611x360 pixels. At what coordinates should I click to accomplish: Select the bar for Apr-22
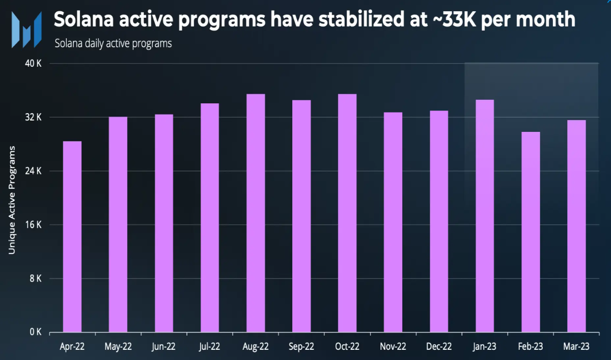coord(72,236)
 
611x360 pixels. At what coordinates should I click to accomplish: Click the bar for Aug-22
coord(256,213)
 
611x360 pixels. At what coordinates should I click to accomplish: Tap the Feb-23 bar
coord(531,232)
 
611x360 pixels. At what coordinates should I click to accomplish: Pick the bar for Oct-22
coord(347,213)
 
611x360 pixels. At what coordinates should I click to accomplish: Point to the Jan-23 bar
coord(485,216)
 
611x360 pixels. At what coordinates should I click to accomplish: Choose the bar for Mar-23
coord(576,226)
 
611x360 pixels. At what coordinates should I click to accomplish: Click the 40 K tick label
coord(33,64)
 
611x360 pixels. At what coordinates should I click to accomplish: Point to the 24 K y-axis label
coord(33,171)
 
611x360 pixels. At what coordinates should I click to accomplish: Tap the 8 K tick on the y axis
coord(36,279)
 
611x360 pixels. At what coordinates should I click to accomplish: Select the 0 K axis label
coord(36,332)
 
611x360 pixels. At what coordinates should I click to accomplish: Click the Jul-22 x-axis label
coord(209,347)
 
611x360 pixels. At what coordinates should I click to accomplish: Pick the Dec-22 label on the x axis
coord(439,347)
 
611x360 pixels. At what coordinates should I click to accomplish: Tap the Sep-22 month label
coord(301,347)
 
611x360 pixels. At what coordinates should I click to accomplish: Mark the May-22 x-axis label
coord(118,347)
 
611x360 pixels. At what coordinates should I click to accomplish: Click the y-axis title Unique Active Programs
coord(12,200)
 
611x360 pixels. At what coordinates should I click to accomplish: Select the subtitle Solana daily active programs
coord(113,44)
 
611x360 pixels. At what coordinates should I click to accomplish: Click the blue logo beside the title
coord(26,30)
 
